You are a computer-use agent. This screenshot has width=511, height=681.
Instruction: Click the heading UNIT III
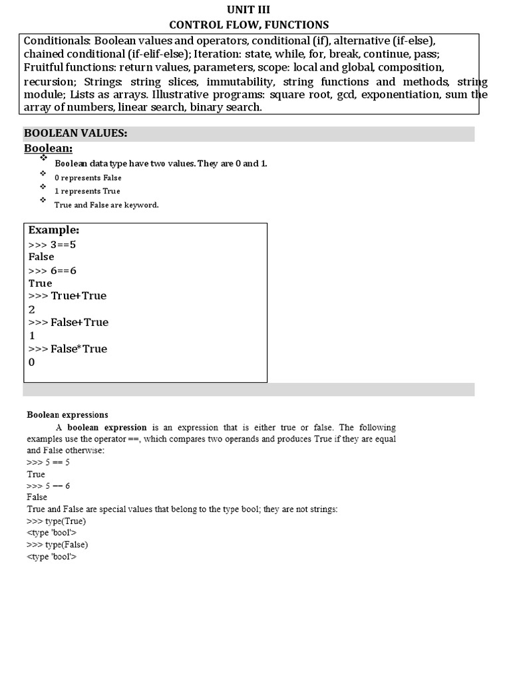pos(249,9)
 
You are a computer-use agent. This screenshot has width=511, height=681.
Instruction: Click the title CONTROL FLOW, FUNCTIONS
pos(249,25)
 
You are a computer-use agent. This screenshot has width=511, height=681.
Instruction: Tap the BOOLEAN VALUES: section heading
pos(75,134)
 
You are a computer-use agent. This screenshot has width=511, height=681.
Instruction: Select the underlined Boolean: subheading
pos(49,148)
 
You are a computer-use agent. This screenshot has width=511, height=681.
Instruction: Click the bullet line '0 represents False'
pos(88,178)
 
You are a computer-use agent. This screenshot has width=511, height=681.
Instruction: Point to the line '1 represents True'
pos(87,191)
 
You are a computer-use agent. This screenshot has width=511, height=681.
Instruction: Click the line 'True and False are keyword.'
pos(106,205)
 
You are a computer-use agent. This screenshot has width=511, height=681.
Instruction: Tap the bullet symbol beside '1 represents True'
pos(43,187)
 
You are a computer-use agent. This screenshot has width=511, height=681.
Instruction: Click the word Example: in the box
pos(54,230)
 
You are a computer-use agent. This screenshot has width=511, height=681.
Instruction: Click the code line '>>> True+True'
pos(67,296)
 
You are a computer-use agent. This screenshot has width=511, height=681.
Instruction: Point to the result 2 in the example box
pos(32,309)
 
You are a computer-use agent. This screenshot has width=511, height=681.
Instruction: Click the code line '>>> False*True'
pos(68,349)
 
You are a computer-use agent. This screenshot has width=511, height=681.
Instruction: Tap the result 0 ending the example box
pos(32,362)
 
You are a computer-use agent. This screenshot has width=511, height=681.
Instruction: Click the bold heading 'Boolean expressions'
pos(67,414)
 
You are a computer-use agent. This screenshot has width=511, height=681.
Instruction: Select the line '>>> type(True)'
pos(57,521)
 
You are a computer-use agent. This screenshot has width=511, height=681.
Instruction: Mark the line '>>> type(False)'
pos(57,545)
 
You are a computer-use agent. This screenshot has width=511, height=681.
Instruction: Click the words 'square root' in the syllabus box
pos(295,94)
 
